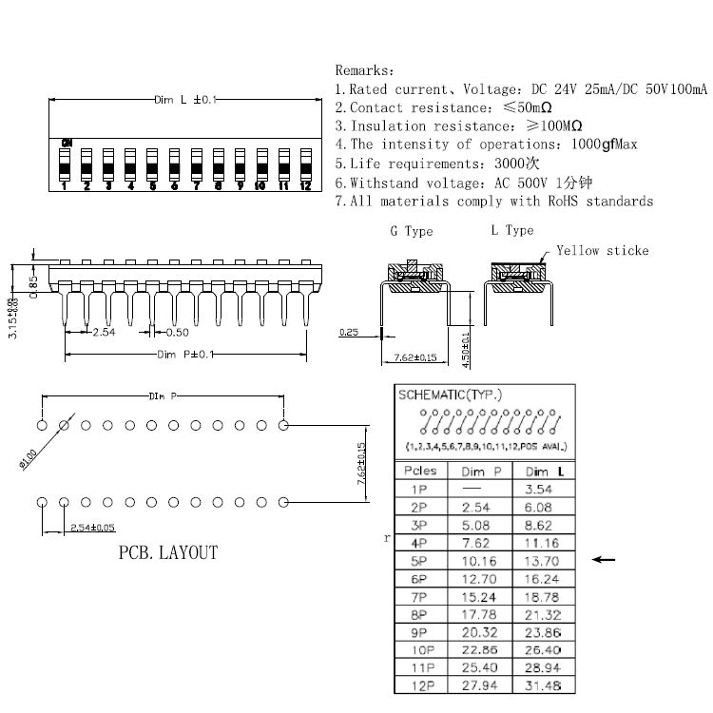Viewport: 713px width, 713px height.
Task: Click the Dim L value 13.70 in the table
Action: tap(543, 561)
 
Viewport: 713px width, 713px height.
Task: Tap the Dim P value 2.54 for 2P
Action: tap(480, 508)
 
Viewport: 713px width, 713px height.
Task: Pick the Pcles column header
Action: tap(420, 471)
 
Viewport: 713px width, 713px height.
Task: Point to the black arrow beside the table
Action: tap(604, 560)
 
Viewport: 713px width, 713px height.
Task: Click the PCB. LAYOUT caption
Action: tap(168, 552)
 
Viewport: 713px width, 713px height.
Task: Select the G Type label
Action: tap(411, 231)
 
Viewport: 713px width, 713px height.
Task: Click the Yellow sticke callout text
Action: tap(602, 250)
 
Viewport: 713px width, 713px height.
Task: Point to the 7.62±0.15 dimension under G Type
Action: tap(414, 357)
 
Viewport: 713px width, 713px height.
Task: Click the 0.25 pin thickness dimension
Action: tap(348, 333)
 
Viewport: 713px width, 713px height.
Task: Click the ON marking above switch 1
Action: tap(66, 143)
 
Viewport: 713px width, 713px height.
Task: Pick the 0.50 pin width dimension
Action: tap(177, 332)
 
